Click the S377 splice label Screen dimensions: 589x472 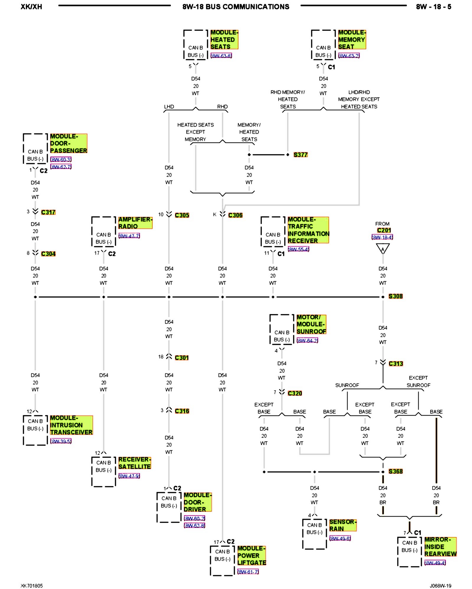[300, 155]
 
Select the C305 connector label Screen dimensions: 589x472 [182, 215]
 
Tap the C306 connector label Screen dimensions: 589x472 [235, 215]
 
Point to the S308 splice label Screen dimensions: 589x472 [395, 296]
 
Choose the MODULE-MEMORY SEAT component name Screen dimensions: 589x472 [352, 39]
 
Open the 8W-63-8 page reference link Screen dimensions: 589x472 [221, 56]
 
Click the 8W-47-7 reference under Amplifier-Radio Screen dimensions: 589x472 [129, 236]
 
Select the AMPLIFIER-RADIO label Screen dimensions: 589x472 [135, 223]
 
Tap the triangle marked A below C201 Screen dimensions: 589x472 [383, 249]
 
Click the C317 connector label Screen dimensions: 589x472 [48, 212]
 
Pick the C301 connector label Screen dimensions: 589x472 [181, 358]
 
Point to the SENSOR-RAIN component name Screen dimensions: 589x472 [343, 525]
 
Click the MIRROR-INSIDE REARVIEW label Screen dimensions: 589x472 [440, 547]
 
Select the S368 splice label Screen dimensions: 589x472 [395, 471]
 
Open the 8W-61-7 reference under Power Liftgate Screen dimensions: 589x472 [248, 572]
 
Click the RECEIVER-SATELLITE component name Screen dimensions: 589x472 [135, 463]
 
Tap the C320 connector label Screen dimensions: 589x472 [295, 393]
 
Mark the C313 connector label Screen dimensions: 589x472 [396, 364]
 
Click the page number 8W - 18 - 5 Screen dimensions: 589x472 [433, 7]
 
